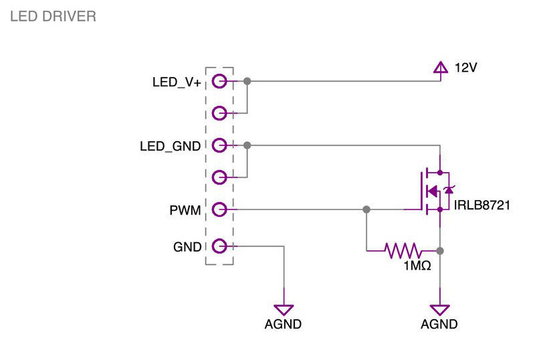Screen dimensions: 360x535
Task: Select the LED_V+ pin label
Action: [x=177, y=82]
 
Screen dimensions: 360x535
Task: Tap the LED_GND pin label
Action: [x=170, y=146]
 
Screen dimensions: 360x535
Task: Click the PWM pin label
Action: [x=185, y=210]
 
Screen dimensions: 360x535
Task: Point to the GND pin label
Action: [x=187, y=247]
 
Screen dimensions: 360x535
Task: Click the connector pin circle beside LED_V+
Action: [x=219, y=82]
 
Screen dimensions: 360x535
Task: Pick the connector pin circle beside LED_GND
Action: [x=219, y=145]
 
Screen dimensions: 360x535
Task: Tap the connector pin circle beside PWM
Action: [x=219, y=209]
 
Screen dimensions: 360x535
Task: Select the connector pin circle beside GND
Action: [x=219, y=246]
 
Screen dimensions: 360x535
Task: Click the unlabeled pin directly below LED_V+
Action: [x=219, y=112]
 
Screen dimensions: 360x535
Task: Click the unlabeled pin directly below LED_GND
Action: [x=219, y=177]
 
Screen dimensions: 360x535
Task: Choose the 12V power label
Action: [x=465, y=68]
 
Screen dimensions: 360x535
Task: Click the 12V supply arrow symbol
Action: [x=440, y=67]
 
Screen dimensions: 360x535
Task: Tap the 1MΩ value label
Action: [x=416, y=266]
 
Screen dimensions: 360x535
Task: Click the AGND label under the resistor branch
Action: [x=439, y=325]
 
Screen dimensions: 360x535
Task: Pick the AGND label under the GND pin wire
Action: [x=284, y=325]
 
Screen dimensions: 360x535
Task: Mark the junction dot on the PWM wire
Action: [x=366, y=209]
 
